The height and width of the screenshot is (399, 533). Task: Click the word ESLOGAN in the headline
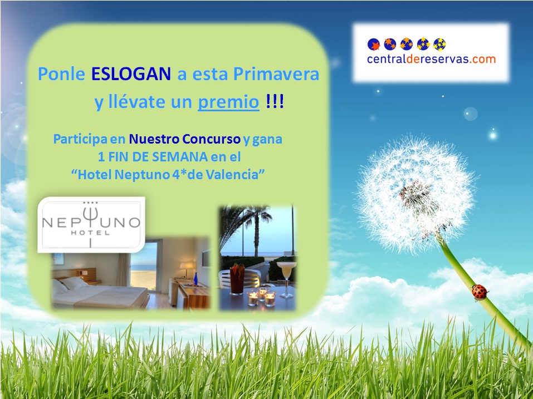click(x=131, y=74)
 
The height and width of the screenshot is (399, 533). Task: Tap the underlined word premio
click(x=228, y=102)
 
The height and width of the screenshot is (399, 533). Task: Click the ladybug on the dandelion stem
click(x=480, y=292)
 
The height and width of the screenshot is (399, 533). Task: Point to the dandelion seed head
click(x=415, y=194)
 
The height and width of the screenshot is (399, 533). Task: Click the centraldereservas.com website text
click(x=432, y=59)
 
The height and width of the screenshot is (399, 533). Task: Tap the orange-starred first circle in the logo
click(x=374, y=45)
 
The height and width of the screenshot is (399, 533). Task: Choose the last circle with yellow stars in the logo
click(x=439, y=44)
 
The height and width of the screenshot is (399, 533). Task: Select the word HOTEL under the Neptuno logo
click(x=90, y=233)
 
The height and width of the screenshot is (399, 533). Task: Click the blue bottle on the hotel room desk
click(x=195, y=279)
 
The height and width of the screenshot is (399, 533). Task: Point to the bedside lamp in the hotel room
click(x=186, y=268)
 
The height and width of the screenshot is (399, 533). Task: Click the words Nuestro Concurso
click(x=184, y=139)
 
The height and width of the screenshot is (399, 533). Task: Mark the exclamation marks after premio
click(x=275, y=101)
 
